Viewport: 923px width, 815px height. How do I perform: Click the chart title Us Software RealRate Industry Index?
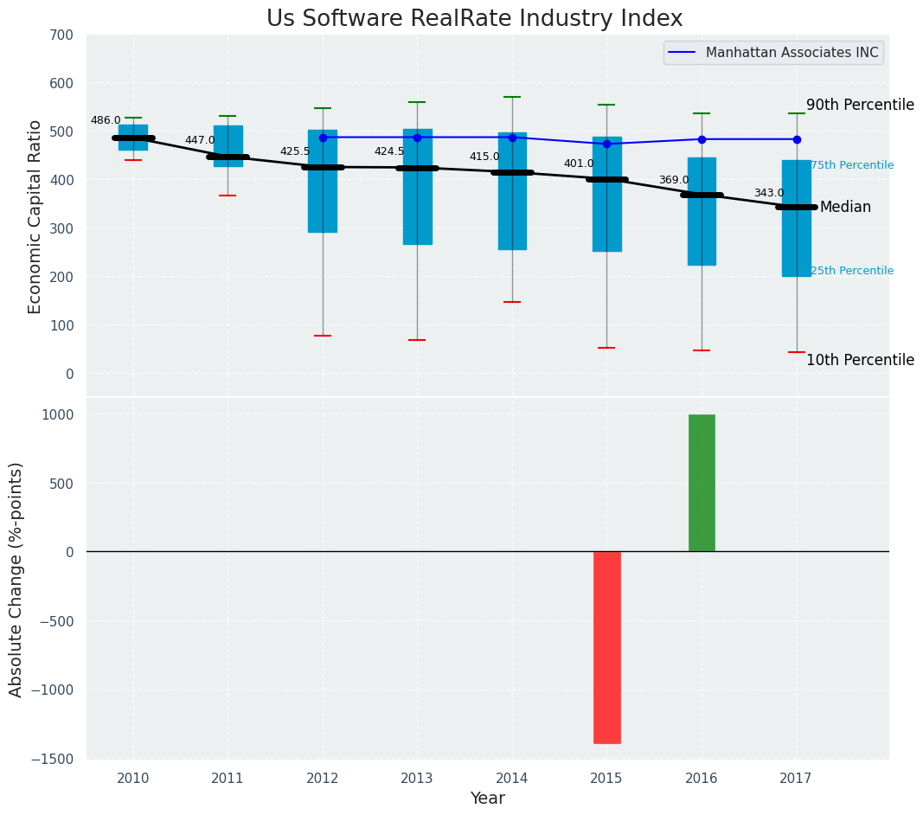tap(474, 19)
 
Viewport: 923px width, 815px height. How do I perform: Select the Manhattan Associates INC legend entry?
tap(792, 53)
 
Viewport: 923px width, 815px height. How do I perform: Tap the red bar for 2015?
tap(606, 647)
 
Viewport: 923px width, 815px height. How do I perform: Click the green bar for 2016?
tap(702, 483)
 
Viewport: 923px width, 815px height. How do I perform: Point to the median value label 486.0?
tap(106, 120)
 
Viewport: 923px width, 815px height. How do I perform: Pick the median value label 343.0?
tap(768, 193)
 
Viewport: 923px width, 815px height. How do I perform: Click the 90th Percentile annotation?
tap(860, 105)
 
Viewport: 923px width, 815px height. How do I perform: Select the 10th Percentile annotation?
tap(860, 360)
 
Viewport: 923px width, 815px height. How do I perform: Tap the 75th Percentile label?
tap(852, 165)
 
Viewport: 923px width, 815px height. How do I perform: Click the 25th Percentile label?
tap(852, 271)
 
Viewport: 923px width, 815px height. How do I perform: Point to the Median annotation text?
tap(845, 208)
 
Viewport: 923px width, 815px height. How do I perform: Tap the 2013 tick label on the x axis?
tap(417, 779)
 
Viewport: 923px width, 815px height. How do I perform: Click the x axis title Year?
tap(488, 799)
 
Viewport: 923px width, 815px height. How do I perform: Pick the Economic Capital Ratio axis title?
tap(35, 216)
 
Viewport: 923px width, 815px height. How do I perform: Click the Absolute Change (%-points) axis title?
tap(16, 579)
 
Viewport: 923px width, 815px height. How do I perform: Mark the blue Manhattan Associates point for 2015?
tap(606, 144)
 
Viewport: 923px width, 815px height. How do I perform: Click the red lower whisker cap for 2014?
tap(512, 302)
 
